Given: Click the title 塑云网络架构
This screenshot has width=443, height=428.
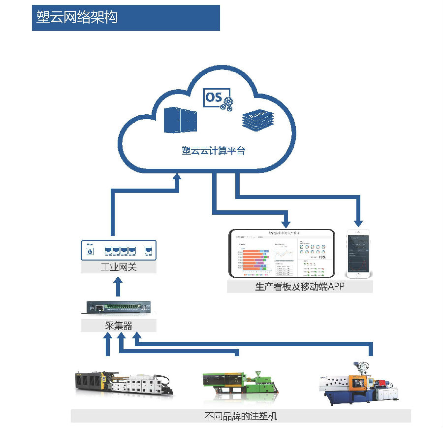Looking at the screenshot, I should (77, 17).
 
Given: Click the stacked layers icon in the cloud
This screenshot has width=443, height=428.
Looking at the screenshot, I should (257, 119).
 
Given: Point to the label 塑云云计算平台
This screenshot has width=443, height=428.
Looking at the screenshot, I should (214, 151).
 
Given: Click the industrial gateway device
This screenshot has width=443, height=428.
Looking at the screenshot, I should (118, 250).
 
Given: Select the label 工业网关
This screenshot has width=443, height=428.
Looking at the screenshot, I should (118, 267).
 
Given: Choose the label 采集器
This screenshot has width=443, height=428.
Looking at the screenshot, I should (118, 325).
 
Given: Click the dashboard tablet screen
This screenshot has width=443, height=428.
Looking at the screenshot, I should (281, 253).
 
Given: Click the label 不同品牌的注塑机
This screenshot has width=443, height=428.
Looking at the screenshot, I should (240, 416).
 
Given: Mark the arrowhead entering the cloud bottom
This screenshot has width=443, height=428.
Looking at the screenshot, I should (177, 178).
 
